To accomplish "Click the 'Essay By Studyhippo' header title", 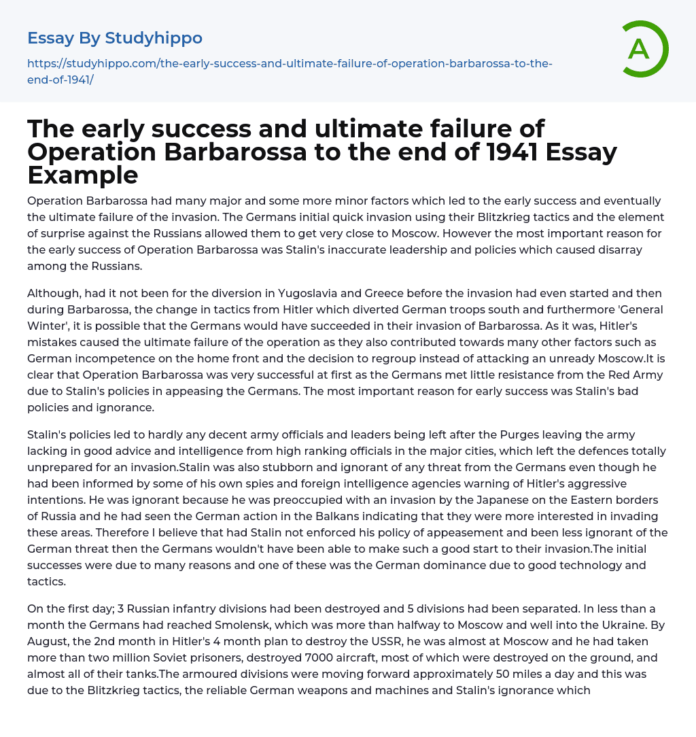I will pyautogui.click(x=115, y=38).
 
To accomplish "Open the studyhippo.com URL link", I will pyautogui.click(x=290, y=71).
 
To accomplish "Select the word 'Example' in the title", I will pyautogui.click(x=83, y=175).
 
